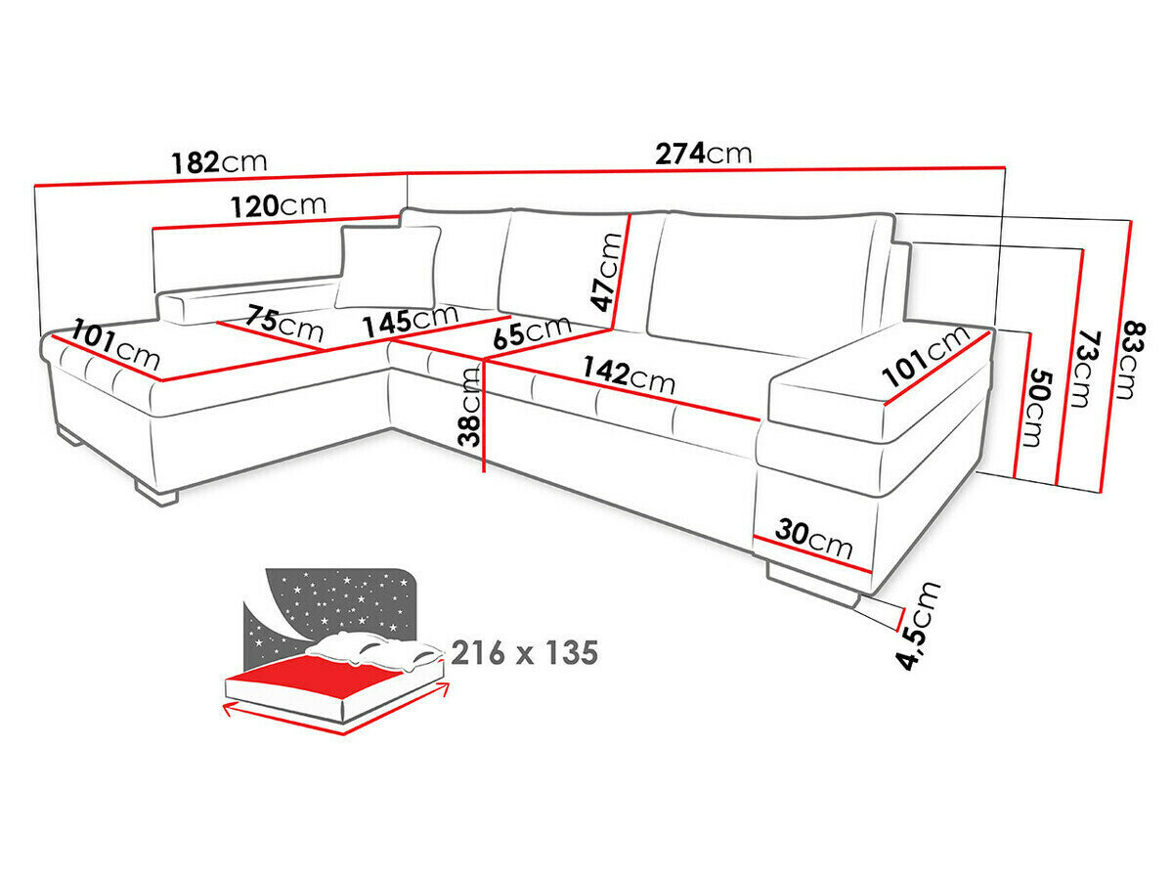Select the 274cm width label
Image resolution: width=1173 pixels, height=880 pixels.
tap(704, 154)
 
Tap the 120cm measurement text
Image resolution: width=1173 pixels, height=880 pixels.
tap(279, 206)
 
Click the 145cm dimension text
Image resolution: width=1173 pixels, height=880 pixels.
tap(410, 320)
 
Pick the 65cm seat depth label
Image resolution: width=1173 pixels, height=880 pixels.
tap(533, 331)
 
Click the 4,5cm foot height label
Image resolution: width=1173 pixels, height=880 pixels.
tap(920, 626)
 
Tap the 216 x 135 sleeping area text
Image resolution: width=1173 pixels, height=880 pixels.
tap(524, 652)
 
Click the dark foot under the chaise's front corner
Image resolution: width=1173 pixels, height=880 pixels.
tap(156, 494)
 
